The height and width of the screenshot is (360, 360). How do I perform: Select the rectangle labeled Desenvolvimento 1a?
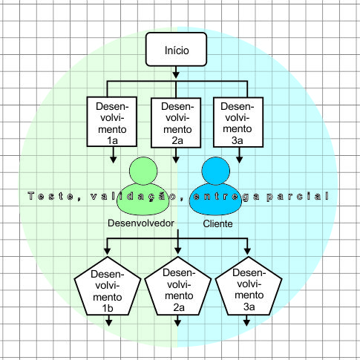tap(111, 122)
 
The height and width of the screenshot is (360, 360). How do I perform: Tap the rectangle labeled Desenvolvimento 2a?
tap(176, 122)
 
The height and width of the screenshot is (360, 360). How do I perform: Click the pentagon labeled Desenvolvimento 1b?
tap(109, 291)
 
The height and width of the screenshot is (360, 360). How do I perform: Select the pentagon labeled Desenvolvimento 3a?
tap(248, 291)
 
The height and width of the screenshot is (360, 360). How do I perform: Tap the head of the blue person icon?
tap(217, 171)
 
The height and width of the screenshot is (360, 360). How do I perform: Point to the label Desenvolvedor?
tap(141, 223)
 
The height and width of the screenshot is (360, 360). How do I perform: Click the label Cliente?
tap(217, 223)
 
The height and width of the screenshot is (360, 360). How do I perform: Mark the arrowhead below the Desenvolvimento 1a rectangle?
tap(112, 158)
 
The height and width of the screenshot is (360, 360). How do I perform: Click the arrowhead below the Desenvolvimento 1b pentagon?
tap(109, 322)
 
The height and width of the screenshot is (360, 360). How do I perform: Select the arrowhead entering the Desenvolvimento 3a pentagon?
tap(248, 252)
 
